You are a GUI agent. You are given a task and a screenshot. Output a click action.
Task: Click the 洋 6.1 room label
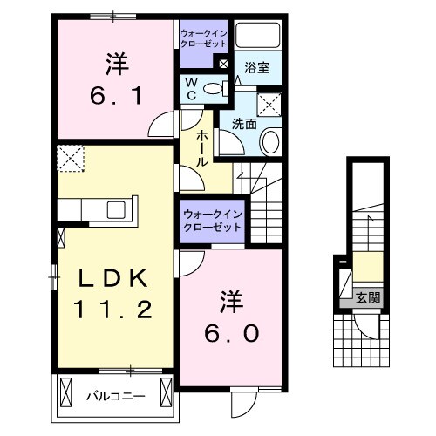(113, 78)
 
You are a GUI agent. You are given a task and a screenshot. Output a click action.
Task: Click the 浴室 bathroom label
(255, 66)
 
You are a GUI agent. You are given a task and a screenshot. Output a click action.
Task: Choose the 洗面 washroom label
(244, 124)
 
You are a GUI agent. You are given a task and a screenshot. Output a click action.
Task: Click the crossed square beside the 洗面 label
(271, 105)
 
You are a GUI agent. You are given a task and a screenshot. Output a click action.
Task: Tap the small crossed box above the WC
(223, 64)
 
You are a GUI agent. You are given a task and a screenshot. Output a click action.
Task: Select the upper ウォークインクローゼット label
(203, 36)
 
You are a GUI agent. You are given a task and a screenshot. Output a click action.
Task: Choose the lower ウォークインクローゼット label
(213, 220)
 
